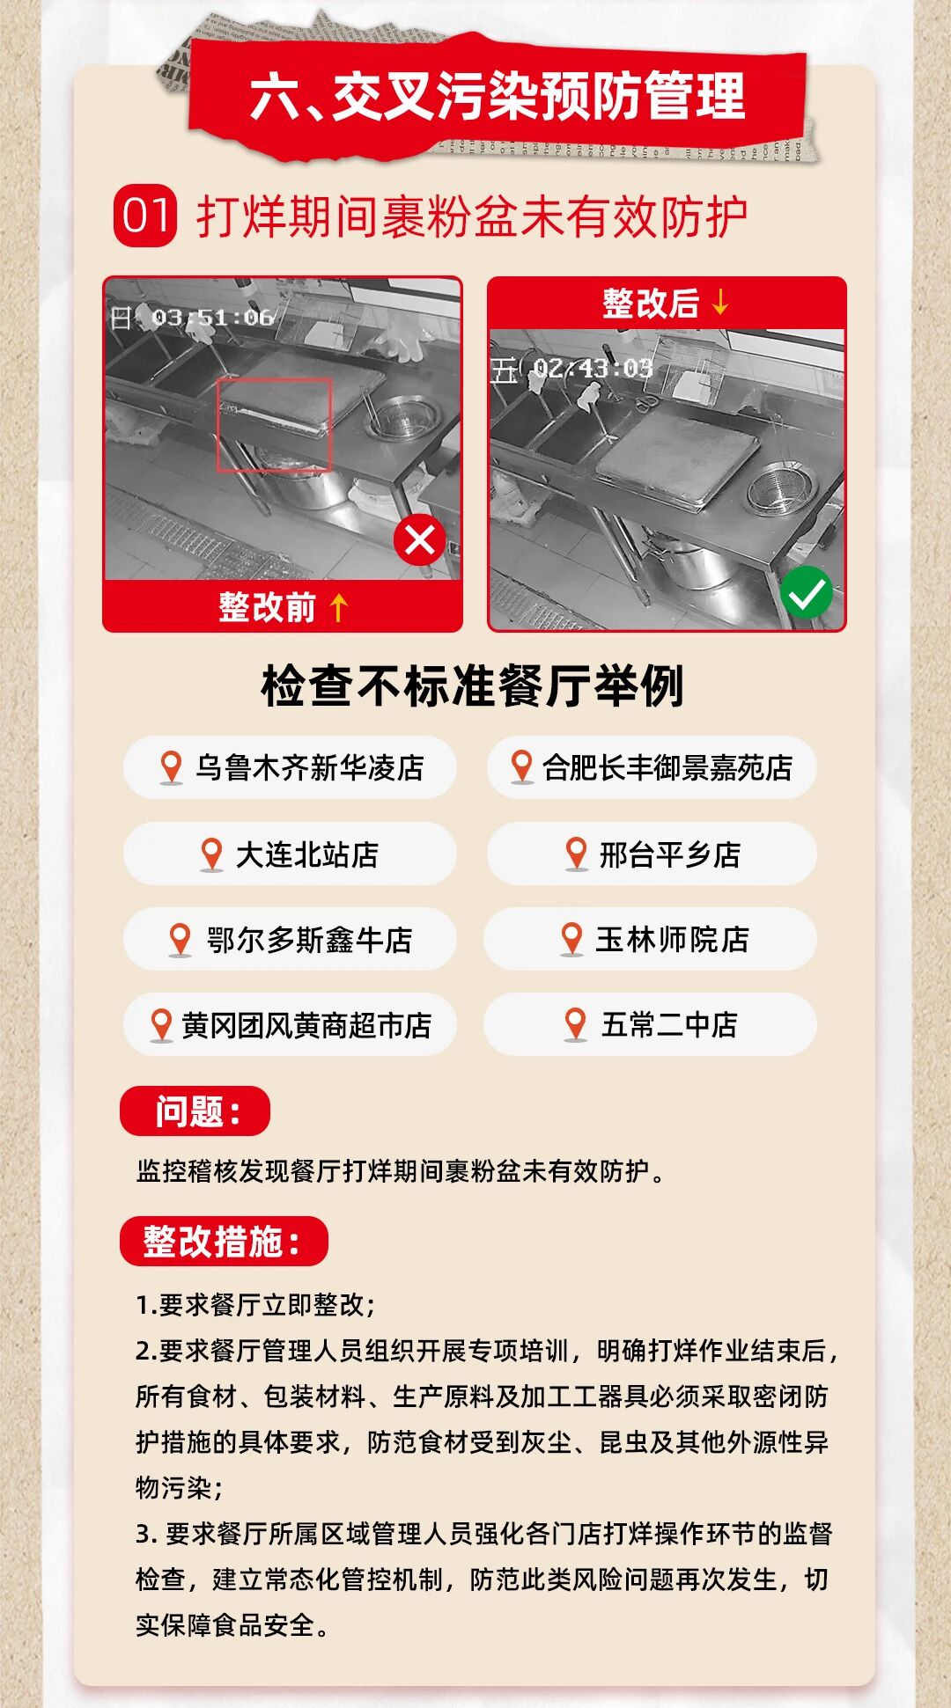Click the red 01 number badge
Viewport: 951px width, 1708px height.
pyautogui.click(x=145, y=216)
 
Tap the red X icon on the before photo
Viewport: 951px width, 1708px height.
pyautogui.click(x=420, y=539)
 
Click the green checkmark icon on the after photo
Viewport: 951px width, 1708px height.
pyautogui.click(x=806, y=592)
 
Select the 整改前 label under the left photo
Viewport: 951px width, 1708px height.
pyautogui.click(x=267, y=607)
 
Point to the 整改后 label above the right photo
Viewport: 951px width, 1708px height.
pyautogui.click(x=651, y=303)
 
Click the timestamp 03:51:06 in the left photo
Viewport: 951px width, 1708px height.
pyautogui.click(x=212, y=317)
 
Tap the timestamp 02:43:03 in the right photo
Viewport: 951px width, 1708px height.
pyautogui.click(x=592, y=368)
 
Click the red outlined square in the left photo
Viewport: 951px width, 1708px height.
pyautogui.click(x=274, y=425)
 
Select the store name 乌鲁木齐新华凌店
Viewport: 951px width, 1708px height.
pyautogui.click(x=309, y=767)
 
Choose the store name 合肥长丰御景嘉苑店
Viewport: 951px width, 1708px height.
pyautogui.click(x=667, y=767)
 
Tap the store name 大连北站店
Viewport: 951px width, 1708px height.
pyautogui.click(x=307, y=854)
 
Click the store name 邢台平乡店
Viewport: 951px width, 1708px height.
pyautogui.click(x=670, y=854)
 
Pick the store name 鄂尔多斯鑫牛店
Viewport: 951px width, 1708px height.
pyautogui.click(x=309, y=940)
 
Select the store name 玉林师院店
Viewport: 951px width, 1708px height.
pyautogui.click(x=672, y=939)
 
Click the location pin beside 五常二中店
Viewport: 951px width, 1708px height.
pyautogui.click(x=575, y=1025)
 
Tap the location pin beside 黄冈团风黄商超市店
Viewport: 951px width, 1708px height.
pyautogui.click(x=161, y=1026)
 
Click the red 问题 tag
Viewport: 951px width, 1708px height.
pyautogui.click(x=195, y=1111)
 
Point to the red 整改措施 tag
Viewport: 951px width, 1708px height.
pyautogui.click(x=224, y=1242)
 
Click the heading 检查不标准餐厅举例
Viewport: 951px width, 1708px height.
pyautogui.click(x=473, y=685)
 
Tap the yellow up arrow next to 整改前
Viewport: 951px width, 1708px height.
pyautogui.click(x=339, y=607)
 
